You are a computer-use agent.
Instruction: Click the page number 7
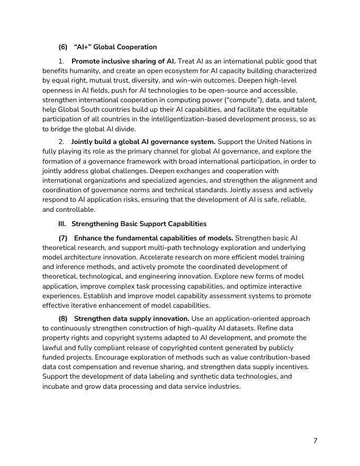pyautogui.click(x=315, y=441)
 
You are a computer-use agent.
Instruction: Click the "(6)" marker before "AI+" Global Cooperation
pyautogui.click(x=63, y=47)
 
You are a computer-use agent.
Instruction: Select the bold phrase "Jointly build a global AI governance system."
pyautogui.click(x=143, y=142)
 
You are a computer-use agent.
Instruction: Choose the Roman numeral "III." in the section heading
pyautogui.click(x=62, y=224)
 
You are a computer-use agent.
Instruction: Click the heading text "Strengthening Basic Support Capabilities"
pyautogui.click(x=139, y=224)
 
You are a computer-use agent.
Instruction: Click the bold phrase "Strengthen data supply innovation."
pyautogui.click(x=132, y=319)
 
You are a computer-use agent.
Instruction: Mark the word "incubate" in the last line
pyautogui.click(x=57, y=386)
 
